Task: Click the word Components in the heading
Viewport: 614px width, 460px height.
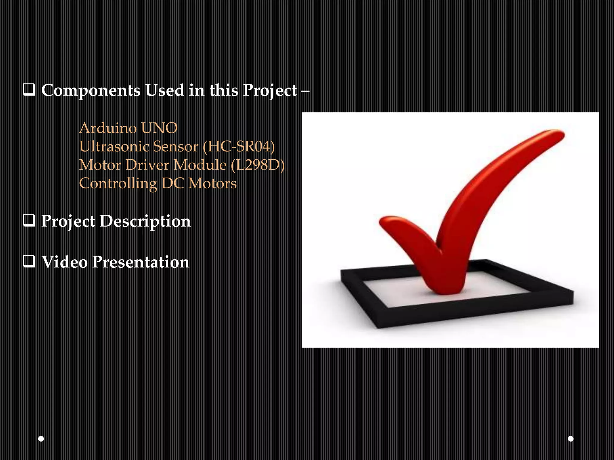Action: pos(91,90)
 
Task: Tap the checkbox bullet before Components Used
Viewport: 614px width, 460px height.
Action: pos(29,90)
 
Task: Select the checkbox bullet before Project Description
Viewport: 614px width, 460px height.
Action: pos(29,221)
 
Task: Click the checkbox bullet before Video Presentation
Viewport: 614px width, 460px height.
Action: pos(29,262)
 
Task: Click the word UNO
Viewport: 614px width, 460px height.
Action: pos(159,128)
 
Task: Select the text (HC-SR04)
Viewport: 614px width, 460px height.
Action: pos(239,146)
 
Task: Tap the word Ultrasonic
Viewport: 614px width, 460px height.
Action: pos(114,146)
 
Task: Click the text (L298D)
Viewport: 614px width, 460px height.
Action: pos(258,165)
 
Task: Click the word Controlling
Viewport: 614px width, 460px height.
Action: pos(118,184)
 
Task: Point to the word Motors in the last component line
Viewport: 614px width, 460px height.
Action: pos(212,184)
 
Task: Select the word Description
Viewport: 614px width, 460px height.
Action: pos(145,221)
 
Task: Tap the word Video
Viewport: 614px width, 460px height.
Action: pos(64,262)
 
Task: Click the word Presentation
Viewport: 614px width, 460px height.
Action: pos(141,262)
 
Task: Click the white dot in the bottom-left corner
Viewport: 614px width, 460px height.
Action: pos(41,439)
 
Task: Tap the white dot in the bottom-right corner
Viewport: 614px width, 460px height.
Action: pos(571,439)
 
